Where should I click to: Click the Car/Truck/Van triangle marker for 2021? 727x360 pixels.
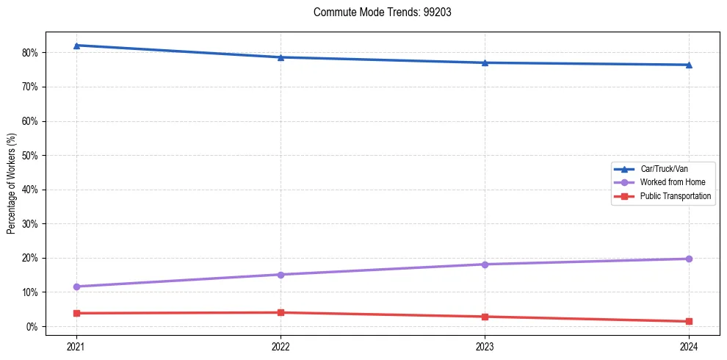[x=76, y=46]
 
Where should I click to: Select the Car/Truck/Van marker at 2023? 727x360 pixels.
[x=485, y=62]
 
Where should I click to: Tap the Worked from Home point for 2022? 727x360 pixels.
[x=281, y=275]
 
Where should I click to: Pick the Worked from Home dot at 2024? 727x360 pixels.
[x=689, y=259]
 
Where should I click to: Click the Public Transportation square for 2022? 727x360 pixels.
[x=281, y=312]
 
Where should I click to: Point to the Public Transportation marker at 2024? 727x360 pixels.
[x=689, y=321]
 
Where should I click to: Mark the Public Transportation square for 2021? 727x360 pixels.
[x=76, y=313]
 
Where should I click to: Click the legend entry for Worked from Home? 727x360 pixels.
[x=665, y=182]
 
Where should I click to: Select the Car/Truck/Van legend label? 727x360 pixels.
[x=664, y=169]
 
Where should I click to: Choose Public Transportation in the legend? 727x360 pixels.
[x=675, y=196]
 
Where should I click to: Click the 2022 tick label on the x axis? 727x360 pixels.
[x=281, y=345]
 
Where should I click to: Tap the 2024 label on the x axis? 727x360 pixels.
[x=689, y=345]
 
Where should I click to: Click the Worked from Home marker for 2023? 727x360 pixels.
[x=485, y=264]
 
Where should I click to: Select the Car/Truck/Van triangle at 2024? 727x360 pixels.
[x=689, y=65]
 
